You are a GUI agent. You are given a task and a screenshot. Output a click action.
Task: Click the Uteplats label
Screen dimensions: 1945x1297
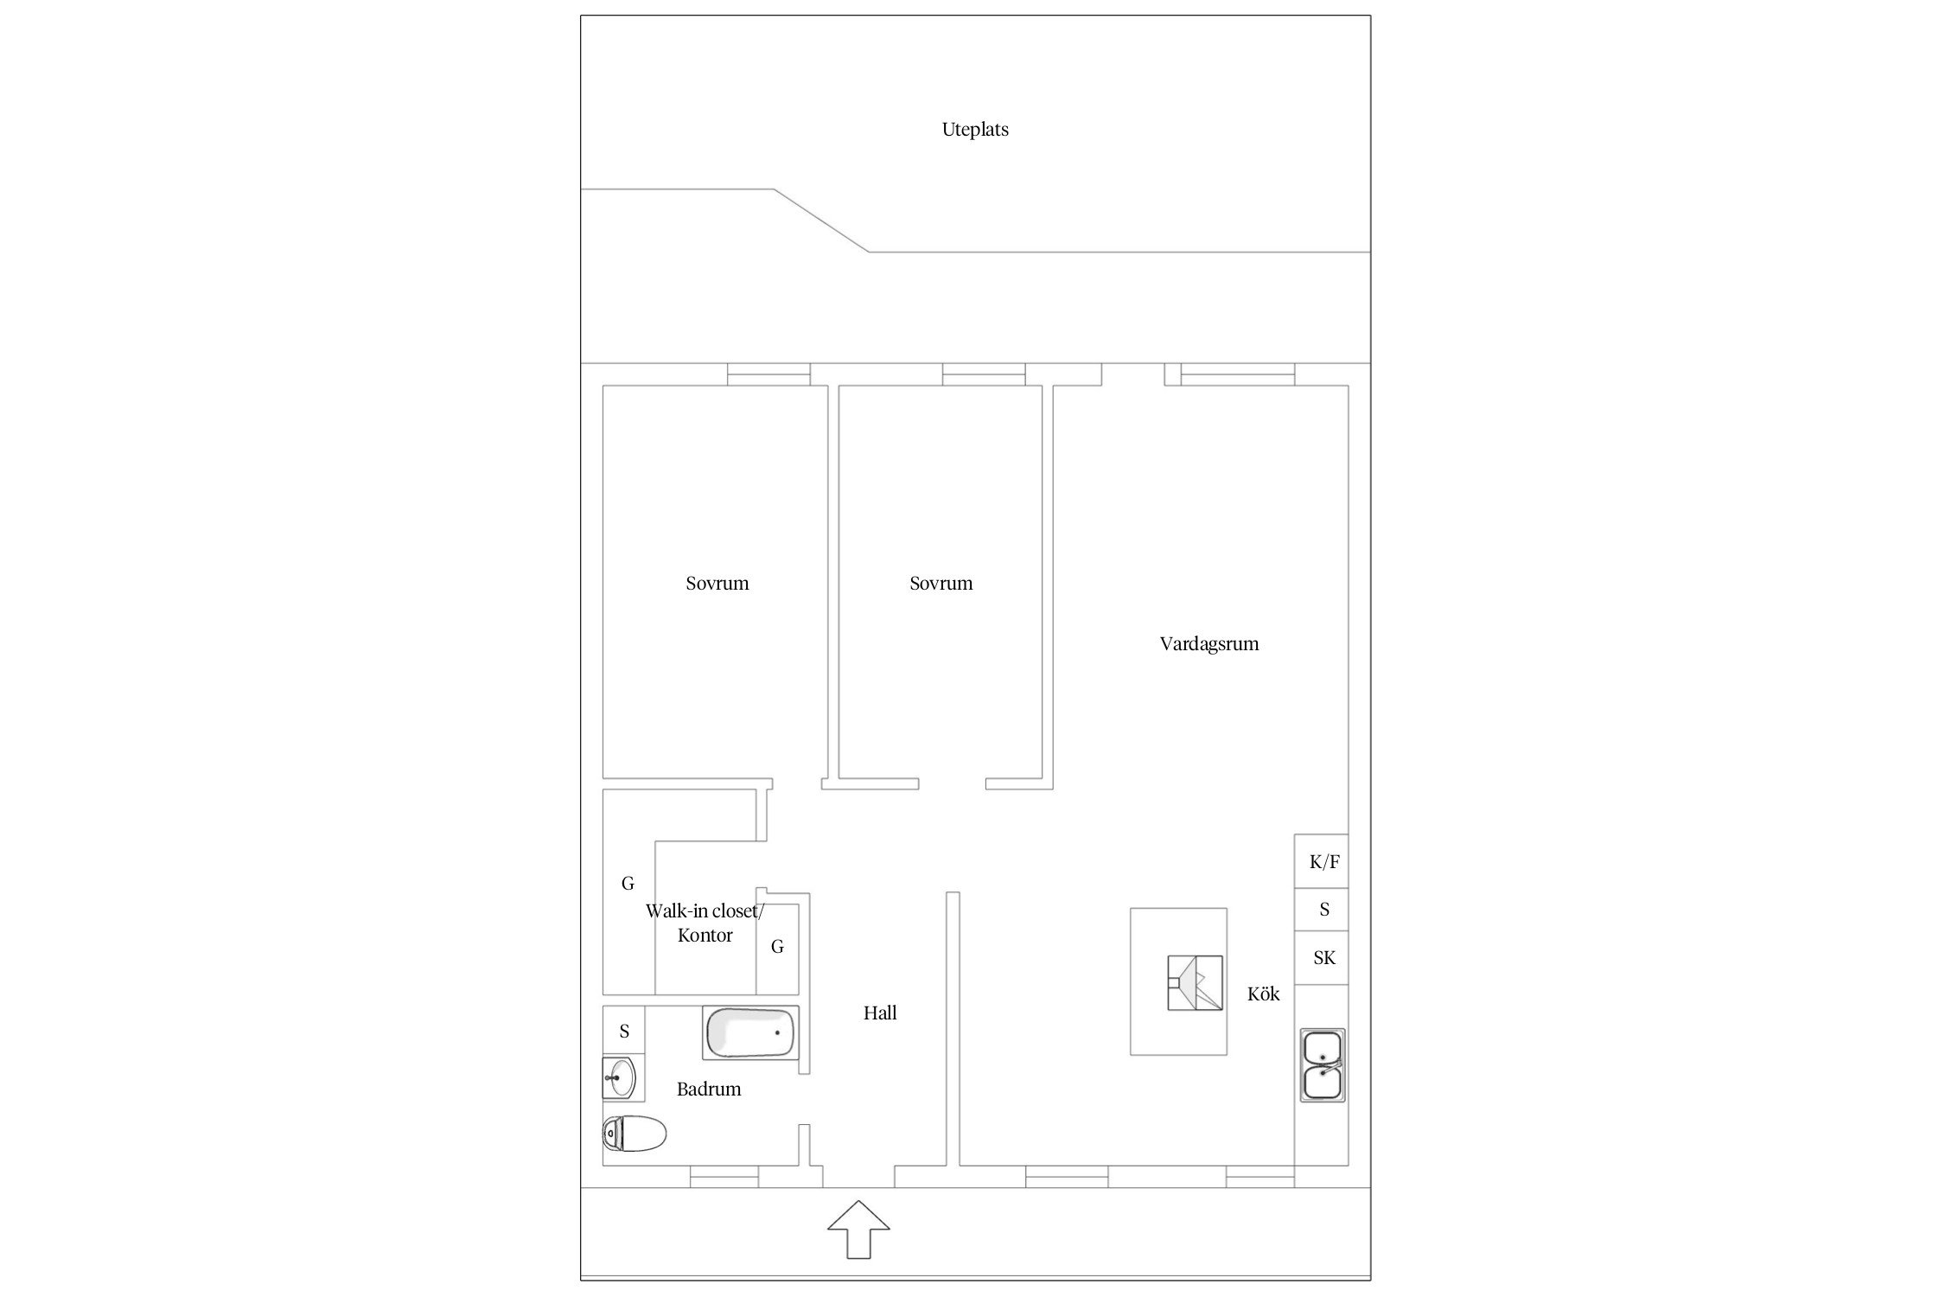click(x=975, y=130)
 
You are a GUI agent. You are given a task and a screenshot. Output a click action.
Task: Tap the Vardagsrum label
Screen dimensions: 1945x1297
click(x=1208, y=644)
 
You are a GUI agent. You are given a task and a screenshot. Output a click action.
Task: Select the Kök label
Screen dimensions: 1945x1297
click(x=1263, y=994)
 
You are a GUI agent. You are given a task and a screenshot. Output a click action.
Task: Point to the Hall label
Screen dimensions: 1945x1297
click(x=880, y=1013)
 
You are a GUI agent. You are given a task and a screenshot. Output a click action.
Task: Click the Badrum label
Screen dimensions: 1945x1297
click(x=709, y=1089)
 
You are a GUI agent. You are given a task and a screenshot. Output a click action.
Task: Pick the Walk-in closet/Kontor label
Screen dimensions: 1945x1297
click(x=705, y=923)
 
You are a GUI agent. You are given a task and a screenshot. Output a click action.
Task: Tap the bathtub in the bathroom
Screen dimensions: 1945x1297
click(x=749, y=1033)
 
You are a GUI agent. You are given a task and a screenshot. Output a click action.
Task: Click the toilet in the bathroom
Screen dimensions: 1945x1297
click(x=635, y=1134)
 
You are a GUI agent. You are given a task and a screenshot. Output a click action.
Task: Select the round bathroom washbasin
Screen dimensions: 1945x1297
click(x=620, y=1077)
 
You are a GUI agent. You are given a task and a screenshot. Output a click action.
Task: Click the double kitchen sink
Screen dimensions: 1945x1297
click(x=1323, y=1064)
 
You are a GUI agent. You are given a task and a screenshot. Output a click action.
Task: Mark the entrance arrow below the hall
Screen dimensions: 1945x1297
click(x=858, y=1230)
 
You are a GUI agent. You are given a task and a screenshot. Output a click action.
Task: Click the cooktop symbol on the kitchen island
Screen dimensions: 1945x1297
click(x=1195, y=982)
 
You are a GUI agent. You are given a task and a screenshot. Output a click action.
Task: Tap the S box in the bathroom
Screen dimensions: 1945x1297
click(x=624, y=1031)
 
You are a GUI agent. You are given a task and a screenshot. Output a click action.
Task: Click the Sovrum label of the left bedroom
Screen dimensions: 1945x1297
click(x=717, y=584)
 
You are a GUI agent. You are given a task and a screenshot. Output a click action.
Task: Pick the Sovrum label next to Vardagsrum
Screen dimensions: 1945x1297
click(x=941, y=584)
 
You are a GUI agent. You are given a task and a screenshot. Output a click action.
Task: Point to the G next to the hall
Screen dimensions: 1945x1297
click(x=777, y=947)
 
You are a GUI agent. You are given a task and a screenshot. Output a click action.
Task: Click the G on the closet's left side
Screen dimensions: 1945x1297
click(x=628, y=884)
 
